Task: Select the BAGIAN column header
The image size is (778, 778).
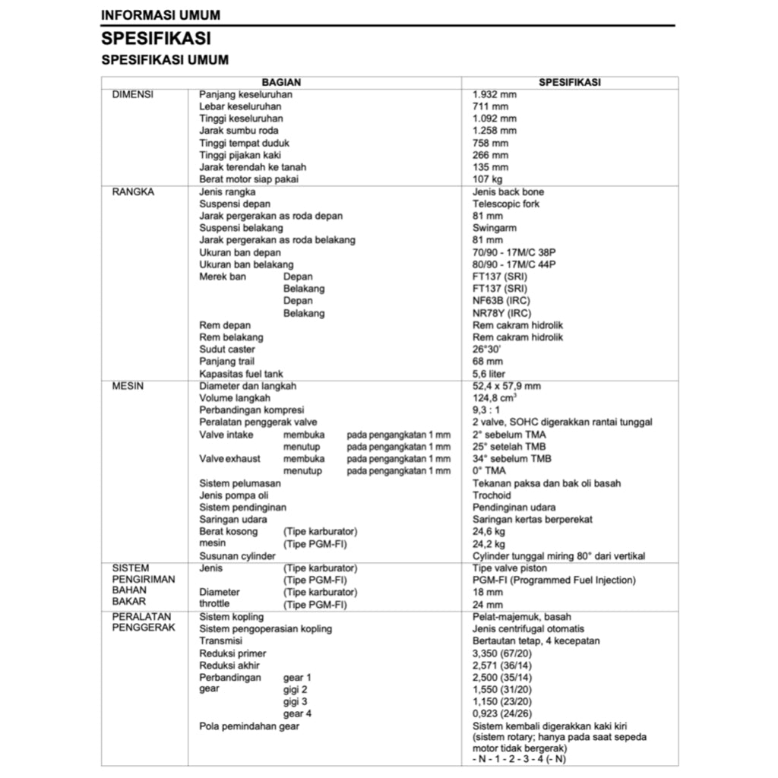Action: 282,82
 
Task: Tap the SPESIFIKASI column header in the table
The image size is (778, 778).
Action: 569,82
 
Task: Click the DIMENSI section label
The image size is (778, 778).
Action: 133,94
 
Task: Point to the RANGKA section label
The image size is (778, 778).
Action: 133,191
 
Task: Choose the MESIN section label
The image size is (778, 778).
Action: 128,386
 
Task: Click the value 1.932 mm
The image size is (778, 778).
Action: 495,94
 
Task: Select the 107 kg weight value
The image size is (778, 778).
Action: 487,179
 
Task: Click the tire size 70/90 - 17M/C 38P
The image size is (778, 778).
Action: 514,252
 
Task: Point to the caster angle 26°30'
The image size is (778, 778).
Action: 486,349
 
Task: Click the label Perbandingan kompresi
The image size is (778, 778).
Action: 251,410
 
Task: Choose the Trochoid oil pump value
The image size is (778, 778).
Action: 492,495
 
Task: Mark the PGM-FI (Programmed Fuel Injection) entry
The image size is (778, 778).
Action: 554,580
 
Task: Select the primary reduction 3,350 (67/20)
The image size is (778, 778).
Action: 502,653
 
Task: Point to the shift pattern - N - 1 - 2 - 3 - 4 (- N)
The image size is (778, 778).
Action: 519,759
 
